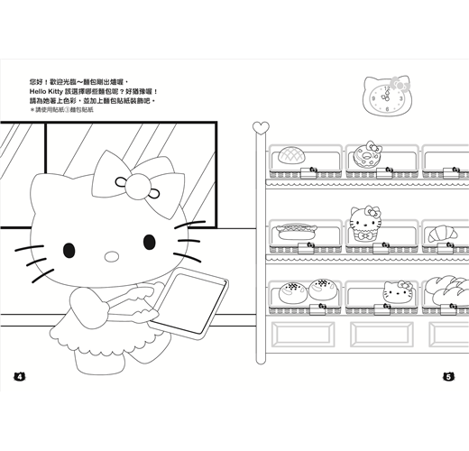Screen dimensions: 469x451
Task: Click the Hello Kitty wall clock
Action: tap(387, 96)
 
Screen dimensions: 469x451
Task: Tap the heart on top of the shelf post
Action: tap(261, 128)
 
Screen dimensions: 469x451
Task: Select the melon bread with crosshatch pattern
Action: tap(291, 155)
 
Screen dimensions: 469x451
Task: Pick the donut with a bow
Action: tap(368, 154)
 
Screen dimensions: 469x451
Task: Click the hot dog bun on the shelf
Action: tap(296, 232)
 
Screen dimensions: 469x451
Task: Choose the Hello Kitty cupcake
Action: tap(365, 224)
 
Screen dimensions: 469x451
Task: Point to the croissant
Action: tap(443, 234)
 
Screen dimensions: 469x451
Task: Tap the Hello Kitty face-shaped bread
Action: tap(398, 291)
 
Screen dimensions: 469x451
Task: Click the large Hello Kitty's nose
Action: tap(112, 256)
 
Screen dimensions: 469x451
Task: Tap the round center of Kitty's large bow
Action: tap(137, 186)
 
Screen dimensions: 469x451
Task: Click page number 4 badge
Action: tap(20, 376)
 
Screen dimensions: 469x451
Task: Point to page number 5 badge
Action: tap(448, 376)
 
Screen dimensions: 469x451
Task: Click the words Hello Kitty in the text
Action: tap(46, 91)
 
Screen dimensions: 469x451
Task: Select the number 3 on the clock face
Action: tap(400, 98)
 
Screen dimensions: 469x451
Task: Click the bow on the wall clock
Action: tap(400, 84)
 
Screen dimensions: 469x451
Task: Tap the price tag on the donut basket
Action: tap(385, 172)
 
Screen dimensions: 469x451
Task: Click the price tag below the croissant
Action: tap(446, 248)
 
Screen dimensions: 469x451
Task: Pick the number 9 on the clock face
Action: tap(373, 98)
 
